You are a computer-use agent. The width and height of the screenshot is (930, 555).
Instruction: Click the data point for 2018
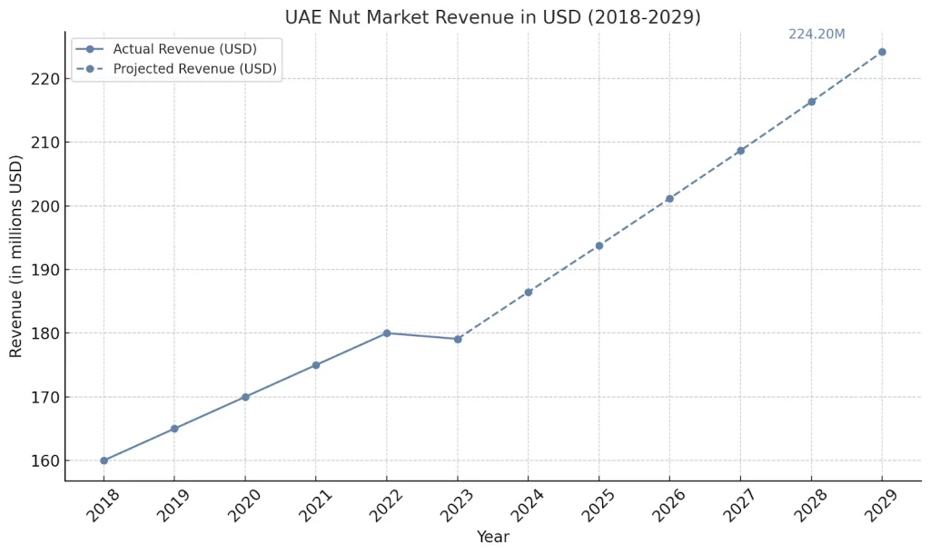104,461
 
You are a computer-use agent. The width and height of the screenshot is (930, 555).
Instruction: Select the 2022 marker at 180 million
387,333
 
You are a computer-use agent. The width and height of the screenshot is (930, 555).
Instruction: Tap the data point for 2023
458,339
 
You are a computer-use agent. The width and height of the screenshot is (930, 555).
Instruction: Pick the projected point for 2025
599,245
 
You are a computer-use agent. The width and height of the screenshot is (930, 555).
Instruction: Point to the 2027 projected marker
740,151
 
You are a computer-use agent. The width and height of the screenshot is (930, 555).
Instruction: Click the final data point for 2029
882,52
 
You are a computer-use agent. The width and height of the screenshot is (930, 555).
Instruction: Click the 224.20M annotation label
816,35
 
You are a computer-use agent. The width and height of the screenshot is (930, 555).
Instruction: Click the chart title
492,17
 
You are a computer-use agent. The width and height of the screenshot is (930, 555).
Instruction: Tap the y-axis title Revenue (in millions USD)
16,256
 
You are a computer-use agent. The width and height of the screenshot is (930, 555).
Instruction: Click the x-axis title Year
493,537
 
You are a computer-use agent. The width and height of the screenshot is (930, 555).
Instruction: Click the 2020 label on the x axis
244,507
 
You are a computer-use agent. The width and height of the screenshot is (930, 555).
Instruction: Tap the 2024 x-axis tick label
527,507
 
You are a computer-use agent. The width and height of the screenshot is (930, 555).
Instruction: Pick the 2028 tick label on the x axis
810,507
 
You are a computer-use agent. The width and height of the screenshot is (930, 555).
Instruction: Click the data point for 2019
174,429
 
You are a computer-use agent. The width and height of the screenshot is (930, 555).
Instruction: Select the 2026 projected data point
669,199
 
